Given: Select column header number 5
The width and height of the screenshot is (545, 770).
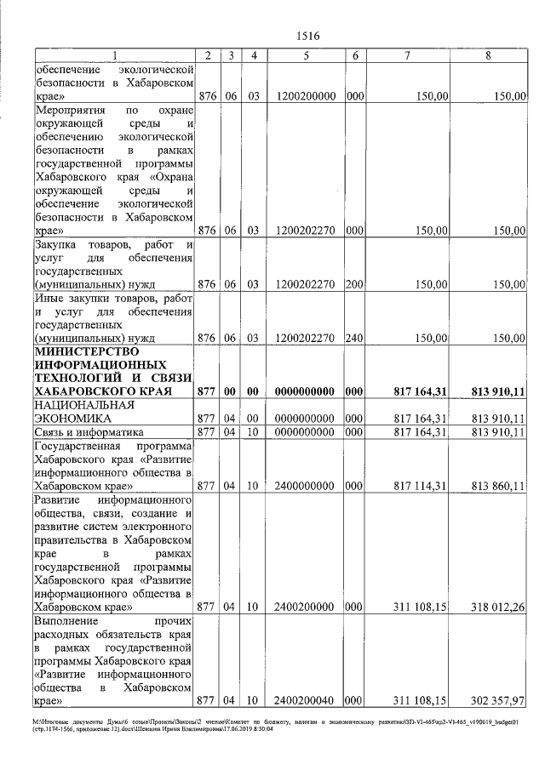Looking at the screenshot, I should point(305,55).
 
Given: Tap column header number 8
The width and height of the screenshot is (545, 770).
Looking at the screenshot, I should point(487,55).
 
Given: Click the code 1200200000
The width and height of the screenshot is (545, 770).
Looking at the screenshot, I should point(305,96).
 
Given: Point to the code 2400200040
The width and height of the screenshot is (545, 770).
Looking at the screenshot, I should point(305,700).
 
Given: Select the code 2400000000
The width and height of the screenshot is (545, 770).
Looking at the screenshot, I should point(305,486).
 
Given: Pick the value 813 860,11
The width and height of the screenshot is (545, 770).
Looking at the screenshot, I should point(497,486).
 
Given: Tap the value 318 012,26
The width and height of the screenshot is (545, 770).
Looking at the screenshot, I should point(497,608).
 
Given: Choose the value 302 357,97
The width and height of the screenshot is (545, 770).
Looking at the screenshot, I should point(497,700).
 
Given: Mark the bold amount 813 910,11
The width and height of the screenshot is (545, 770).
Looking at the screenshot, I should point(497,391).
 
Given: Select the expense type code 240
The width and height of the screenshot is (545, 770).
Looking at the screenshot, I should point(355,338).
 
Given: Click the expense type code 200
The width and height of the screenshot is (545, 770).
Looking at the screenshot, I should point(355,284).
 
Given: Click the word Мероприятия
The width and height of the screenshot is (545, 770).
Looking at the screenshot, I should point(69,111).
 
